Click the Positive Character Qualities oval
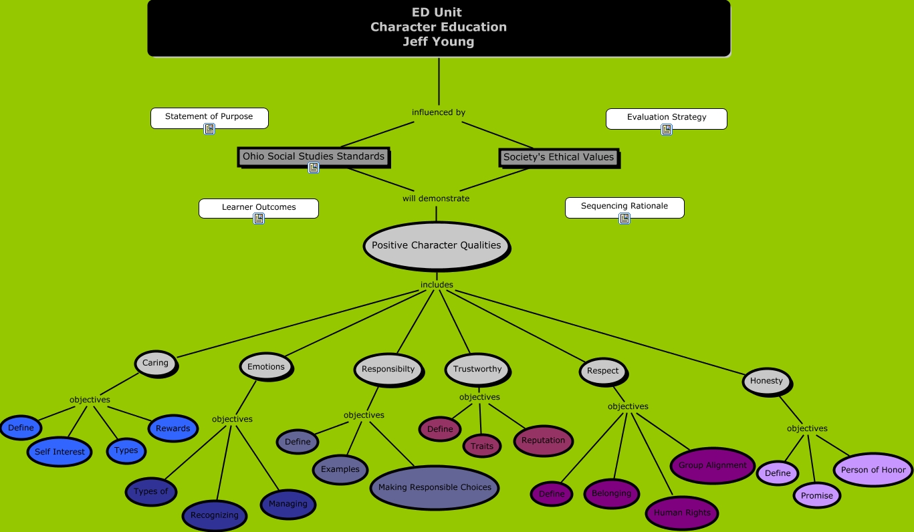tap(436, 245)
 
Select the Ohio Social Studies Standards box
tap(314, 156)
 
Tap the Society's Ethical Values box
tap(558, 157)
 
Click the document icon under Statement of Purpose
tap(209, 129)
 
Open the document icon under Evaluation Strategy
tap(667, 130)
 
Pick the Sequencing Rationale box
tap(624, 207)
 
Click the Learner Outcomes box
tap(259, 207)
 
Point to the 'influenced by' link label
tap(439, 112)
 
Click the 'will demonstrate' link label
tap(436, 198)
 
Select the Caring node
tap(156, 363)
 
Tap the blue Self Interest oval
tap(60, 452)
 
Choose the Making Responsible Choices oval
tap(435, 487)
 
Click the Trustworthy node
tap(477, 369)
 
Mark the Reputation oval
tap(543, 440)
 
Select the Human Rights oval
tap(682, 513)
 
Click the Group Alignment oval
tap(712, 465)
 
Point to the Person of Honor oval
tap(873, 470)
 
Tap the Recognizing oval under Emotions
tap(214, 515)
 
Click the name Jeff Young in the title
tap(439, 41)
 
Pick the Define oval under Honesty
tap(778, 473)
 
